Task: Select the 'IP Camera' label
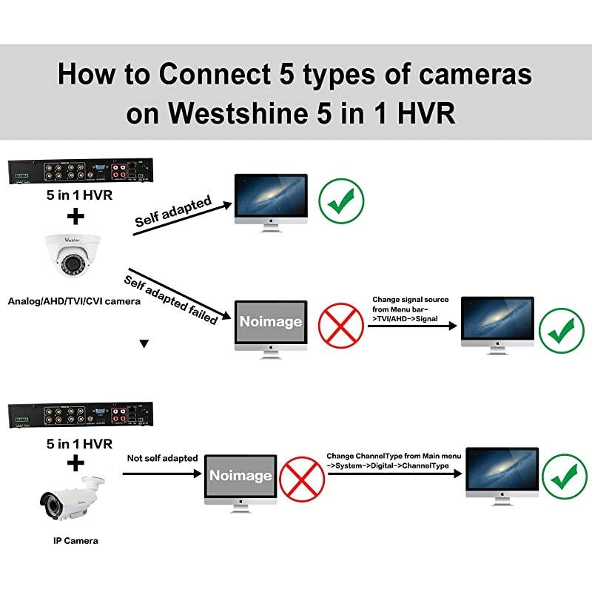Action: (75, 541)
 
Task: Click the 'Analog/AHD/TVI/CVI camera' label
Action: (74, 301)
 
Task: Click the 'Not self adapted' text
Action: (163, 458)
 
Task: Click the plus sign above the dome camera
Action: (75, 217)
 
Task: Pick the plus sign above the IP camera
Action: (75, 463)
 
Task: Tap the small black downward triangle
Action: (144, 343)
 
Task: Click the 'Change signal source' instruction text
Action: (410, 309)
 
